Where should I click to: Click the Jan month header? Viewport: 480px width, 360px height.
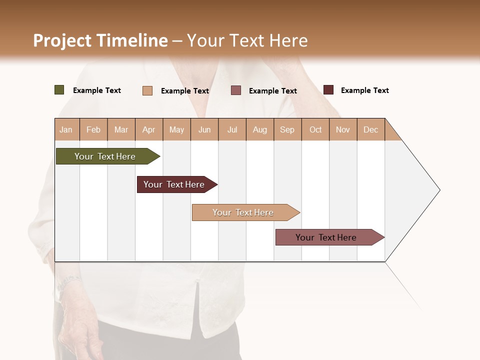click(x=66, y=129)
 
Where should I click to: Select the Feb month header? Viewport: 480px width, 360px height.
click(x=93, y=129)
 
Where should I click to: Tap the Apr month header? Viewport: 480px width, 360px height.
click(x=148, y=129)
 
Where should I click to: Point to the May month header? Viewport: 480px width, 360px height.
click(x=176, y=129)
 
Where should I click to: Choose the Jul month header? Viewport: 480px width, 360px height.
click(x=232, y=129)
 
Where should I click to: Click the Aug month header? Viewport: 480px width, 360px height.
click(x=260, y=129)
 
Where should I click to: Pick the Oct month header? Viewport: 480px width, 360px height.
click(x=315, y=129)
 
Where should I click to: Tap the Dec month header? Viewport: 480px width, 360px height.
click(x=370, y=129)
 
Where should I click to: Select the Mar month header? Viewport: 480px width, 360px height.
click(x=121, y=129)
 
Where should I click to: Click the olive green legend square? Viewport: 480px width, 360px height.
click(x=59, y=90)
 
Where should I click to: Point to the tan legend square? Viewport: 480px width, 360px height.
click(x=147, y=90)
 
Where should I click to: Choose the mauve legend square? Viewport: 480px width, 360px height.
click(x=236, y=90)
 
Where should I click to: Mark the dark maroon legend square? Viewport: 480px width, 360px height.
click(x=328, y=90)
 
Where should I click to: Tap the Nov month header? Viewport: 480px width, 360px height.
click(x=343, y=129)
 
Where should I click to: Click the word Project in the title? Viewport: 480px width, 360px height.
click(x=62, y=40)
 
